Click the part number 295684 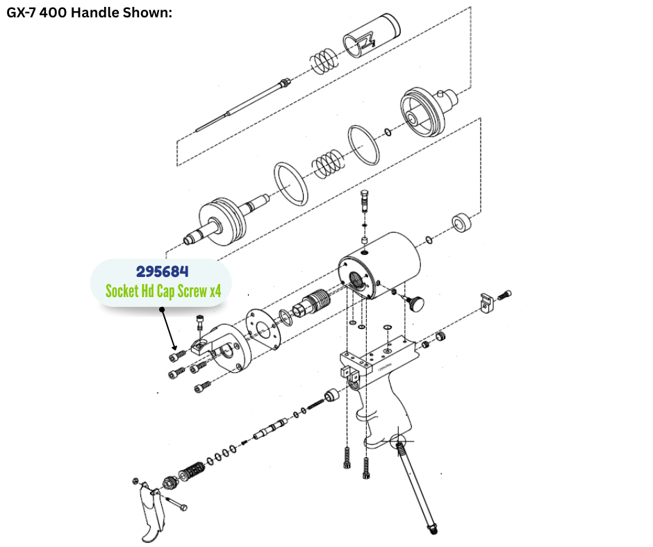coord(162,272)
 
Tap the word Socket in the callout coord(122,291)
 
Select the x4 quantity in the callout coord(215,291)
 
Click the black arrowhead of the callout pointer coord(174,348)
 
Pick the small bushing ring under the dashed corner coord(462,222)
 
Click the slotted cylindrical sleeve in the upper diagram coord(372,35)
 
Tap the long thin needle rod coord(243,105)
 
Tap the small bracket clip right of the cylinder coord(486,303)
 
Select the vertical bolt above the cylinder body coord(365,201)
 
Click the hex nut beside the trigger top coord(135,481)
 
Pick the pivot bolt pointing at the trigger coord(176,503)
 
